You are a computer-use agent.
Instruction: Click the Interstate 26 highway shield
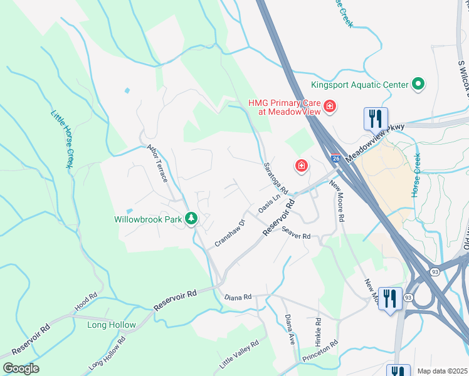pyautogui.click(x=336, y=160)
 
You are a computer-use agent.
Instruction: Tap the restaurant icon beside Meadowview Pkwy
pyautogui.click(x=376, y=118)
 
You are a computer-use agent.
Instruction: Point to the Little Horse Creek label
pyautogui.click(x=61, y=139)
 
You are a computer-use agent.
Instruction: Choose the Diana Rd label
pyautogui.click(x=238, y=296)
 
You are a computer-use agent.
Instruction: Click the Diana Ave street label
pyautogui.click(x=290, y=330)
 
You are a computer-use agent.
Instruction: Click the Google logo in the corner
pyautogui.click(x=21, y=368)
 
